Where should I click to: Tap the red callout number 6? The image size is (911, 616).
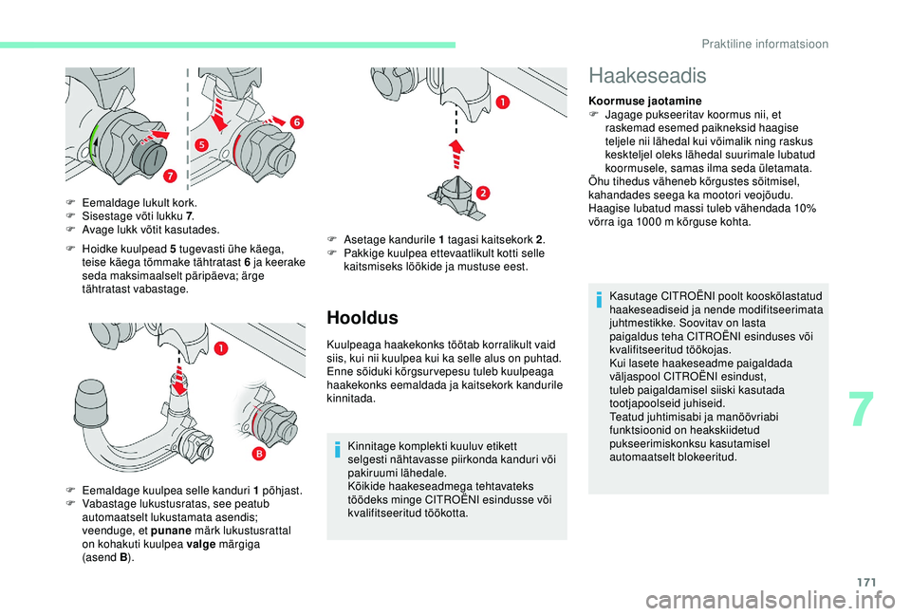click(x=296, y=122)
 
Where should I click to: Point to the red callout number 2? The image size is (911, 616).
click(x=481, y=194)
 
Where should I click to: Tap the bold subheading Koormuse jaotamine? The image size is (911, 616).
click(x=645, y=101)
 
